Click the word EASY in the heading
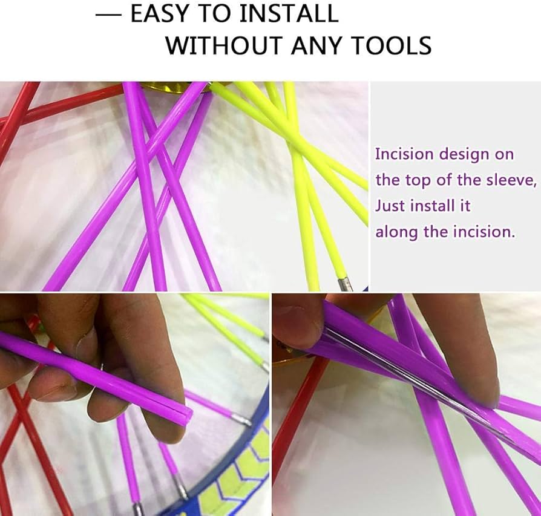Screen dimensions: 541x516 pyautogui.click(x=162, y=14)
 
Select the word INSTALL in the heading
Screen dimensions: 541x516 pyautogui.click(x=289, y=14)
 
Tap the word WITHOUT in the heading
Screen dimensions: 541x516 pyautogui.click(x=225, y=45)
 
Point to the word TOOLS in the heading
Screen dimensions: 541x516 pyautogui.click(x=392, y=45)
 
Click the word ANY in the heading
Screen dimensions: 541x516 pyautogui.click(x=317, y=45)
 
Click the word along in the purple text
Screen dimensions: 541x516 pyautogui.click(x=397, y=232)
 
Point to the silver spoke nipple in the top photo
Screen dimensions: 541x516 pyautogui.click(x=346, y=284)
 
